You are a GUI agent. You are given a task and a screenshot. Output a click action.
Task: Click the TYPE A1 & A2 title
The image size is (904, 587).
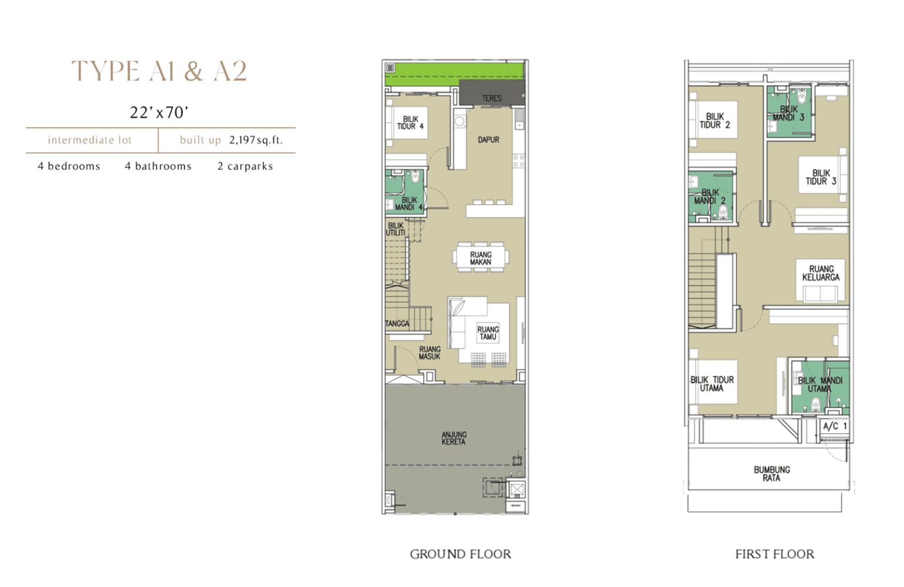pos(159,71)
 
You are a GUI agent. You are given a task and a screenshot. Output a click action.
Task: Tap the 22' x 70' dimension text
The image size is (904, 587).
pos(159,113)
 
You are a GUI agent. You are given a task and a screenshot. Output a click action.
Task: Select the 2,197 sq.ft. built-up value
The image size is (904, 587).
pos(256,140)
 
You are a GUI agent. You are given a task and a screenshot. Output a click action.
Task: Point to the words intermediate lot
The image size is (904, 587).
pos(90,140)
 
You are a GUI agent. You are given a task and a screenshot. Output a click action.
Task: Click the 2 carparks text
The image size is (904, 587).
pos(245,166)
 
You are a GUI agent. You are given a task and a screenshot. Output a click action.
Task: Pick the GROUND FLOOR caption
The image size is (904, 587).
pos(460,554)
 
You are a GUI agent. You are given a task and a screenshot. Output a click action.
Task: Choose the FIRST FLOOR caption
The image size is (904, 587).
pos(775,554)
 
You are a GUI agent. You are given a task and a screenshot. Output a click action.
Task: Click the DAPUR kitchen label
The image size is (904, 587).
pos(488,140)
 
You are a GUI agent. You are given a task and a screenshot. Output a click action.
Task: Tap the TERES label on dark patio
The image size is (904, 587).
pos(491,98)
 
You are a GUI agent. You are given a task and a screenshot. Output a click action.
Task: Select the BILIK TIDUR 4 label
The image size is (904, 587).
pos(410,123)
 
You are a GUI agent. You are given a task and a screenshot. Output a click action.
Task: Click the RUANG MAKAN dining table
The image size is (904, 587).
pos(481,258)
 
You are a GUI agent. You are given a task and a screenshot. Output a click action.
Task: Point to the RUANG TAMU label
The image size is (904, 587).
pos(488,333)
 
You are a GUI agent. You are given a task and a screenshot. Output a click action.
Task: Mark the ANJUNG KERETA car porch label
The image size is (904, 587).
pos(454,438)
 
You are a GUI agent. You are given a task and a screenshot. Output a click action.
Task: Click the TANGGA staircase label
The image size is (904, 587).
pos(397,323)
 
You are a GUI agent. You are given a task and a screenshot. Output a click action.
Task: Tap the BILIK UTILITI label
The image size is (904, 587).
pos(396,229)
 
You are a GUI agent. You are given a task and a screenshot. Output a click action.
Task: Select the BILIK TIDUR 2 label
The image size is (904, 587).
pos(715,120)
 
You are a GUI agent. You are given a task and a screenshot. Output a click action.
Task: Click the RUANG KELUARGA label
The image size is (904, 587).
pos(821,273)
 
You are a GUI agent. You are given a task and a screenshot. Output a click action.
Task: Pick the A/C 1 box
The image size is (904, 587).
pos(835,426)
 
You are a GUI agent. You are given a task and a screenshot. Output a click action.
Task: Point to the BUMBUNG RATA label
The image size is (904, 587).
pos(771,474)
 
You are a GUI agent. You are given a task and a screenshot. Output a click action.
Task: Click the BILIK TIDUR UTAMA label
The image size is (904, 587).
pos(712,384)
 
